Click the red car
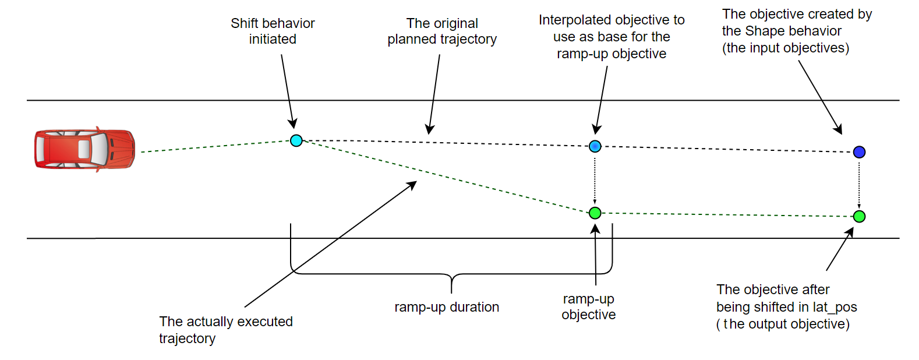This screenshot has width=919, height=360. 84,150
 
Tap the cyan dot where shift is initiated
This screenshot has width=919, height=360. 296,140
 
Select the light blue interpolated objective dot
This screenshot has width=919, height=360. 595,146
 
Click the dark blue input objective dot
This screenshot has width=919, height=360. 859,152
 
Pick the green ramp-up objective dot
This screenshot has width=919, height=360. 595,213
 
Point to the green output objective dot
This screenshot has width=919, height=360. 859,217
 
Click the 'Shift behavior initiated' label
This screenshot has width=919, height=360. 273,31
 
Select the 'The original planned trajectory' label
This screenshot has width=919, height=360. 442,31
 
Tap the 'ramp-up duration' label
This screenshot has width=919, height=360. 447,307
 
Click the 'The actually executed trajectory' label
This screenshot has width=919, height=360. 225,330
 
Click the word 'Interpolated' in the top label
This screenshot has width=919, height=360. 574,20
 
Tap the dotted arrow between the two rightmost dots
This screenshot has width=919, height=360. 859,184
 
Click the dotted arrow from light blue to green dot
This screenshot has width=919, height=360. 595,179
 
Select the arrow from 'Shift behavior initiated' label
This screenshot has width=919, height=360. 288,90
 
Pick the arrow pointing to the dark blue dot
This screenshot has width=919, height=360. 819,96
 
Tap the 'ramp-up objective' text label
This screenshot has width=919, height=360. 588,307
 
